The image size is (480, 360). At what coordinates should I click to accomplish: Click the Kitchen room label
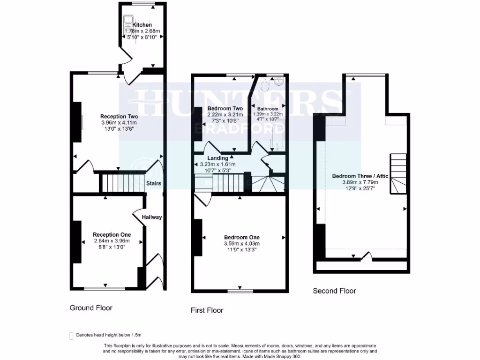(x=142, y=24)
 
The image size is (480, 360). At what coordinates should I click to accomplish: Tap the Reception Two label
(x=119, y=116)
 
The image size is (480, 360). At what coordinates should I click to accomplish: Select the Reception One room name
(x=112, y=234)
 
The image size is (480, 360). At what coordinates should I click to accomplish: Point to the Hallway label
(x=152, y=217)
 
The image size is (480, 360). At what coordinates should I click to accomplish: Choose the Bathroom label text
(x=267, y=109)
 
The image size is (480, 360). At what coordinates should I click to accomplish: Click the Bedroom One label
(x=241, y=237)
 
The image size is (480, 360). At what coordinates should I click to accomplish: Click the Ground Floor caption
(x=91, y=308)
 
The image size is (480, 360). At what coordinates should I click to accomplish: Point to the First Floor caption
(x=207, y=310)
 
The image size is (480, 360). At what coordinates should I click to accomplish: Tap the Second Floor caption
(x=334, y=291)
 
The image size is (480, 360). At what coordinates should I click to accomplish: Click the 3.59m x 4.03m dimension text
(x=241, y=243)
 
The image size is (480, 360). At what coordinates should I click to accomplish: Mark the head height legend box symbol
(x=71, y=335)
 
